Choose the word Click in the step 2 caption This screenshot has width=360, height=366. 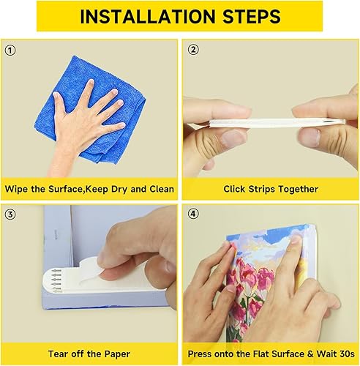[x=238, y=189]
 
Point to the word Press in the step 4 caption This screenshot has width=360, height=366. [x=201, y=354]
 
